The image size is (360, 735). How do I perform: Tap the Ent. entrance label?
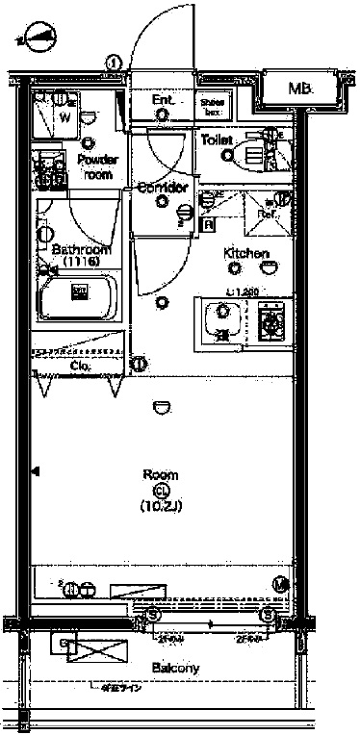click(x=163, y=99)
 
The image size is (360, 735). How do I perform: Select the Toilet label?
click(x=216, y=139)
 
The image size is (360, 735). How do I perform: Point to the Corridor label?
click(x=162, y=187)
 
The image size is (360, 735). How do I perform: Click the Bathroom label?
click(x=74, y=250)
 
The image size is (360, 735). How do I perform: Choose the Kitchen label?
click(x=246, y=253)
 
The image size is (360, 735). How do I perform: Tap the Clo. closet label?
click(x=82, y=366)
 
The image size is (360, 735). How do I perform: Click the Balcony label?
click(x=175, y=668)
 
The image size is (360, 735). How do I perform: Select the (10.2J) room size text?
click(x=161, y=505)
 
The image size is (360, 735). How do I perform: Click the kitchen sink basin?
click(x=225, y=319)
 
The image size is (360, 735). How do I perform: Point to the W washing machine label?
click(x=65, y=117)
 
